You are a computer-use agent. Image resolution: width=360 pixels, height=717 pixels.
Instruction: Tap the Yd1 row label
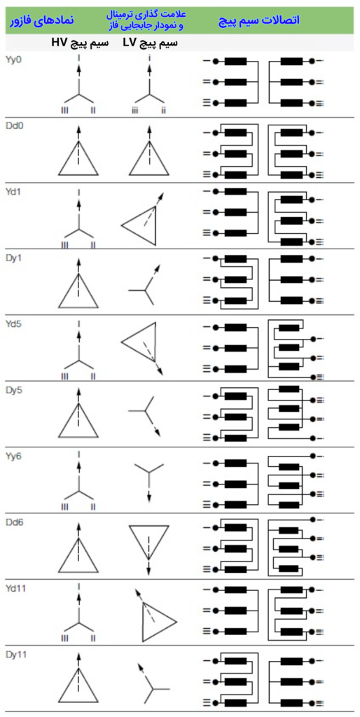(x=14, y=191)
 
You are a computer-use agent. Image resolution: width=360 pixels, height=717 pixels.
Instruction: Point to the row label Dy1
(x=14, y=258)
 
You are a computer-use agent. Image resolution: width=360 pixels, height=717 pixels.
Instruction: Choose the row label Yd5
(x=14, y=323)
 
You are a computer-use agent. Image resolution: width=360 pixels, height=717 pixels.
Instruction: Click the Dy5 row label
(x=14, y=390)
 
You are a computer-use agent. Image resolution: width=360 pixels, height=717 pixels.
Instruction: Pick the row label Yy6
(x=14, y=456)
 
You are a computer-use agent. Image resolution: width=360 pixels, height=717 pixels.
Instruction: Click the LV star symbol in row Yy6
(x=148, y=475)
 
